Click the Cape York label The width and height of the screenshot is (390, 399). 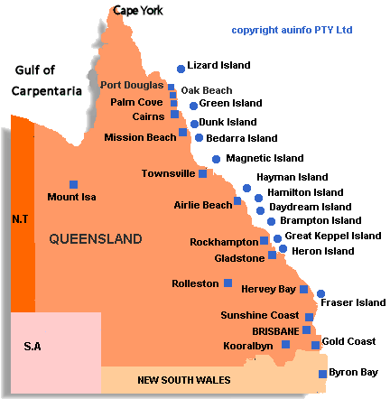137,11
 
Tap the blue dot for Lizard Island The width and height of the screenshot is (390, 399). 181,67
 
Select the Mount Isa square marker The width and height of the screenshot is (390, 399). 74,183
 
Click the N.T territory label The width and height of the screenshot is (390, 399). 20,219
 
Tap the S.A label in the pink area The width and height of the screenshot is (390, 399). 33,347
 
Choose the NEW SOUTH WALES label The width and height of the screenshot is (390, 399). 184,380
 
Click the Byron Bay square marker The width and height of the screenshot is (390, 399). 322,373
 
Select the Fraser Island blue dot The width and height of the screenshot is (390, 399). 320,293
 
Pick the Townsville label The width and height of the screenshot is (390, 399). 169,172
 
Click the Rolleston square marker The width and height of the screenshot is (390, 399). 227,283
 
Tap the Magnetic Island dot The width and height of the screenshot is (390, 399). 215,158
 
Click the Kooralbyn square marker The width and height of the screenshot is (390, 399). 286,345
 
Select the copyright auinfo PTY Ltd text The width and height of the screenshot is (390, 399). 292,30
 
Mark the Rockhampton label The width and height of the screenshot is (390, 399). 224,242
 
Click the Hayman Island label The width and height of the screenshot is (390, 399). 292,178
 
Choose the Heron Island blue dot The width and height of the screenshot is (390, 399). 283,249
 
